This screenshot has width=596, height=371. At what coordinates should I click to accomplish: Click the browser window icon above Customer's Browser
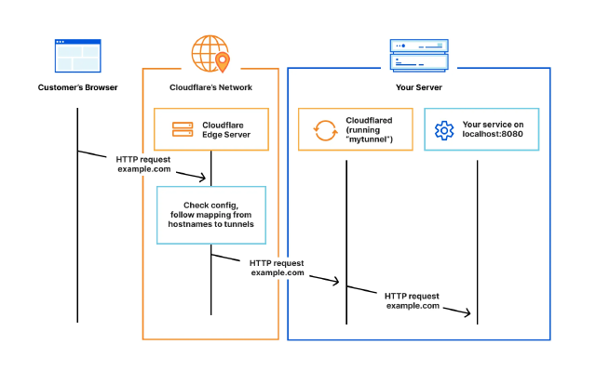[x=78, y=56]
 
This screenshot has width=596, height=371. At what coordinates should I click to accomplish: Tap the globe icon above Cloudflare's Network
[x=210, y=54]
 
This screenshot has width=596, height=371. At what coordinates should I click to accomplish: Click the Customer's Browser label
[x=78, y=87]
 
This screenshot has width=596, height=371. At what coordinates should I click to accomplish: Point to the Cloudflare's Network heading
[x=210, y=87]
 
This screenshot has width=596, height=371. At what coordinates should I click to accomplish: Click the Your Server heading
[x=418, y=87]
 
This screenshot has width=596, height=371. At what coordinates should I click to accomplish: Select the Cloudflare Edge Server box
[x=210, y=129]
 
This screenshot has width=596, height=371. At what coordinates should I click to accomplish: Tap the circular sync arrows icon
[x=325, y=130]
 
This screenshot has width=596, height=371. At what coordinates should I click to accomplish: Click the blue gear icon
[x=443, y=130]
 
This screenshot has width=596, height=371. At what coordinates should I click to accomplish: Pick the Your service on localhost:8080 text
[x=494, y=130]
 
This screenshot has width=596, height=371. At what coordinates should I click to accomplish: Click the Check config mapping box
[x=210, y=215]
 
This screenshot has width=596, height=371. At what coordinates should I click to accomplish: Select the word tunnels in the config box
[x=238, y=224]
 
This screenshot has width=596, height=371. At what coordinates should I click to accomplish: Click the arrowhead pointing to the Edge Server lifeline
[x=202, y=177]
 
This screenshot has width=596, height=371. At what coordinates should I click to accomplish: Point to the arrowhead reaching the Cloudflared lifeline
[x=336, y=279]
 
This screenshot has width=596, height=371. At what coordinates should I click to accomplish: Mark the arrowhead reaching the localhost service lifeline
[x=469, y=313]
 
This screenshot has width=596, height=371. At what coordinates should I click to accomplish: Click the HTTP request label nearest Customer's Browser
[x=143, y=165]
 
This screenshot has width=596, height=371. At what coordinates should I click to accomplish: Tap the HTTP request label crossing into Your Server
[x=278, y=268]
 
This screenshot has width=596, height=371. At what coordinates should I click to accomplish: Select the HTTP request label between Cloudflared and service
[x=413, y=300]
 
